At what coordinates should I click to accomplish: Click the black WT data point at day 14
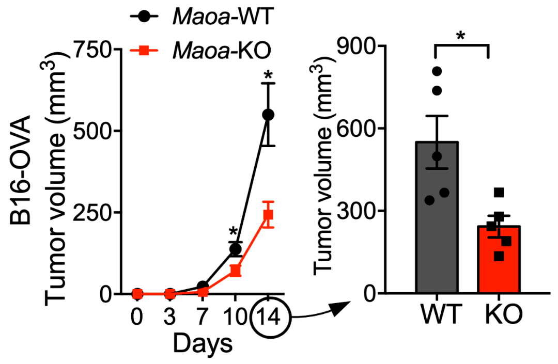pos(268,115)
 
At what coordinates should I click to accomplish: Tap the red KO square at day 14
pos(268,214)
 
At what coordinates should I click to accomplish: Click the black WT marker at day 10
pos(235,249)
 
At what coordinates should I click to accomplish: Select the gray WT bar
pos(437,222)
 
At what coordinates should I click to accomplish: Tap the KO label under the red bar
pos(499,314)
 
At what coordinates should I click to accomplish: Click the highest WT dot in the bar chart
pos(437,71)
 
